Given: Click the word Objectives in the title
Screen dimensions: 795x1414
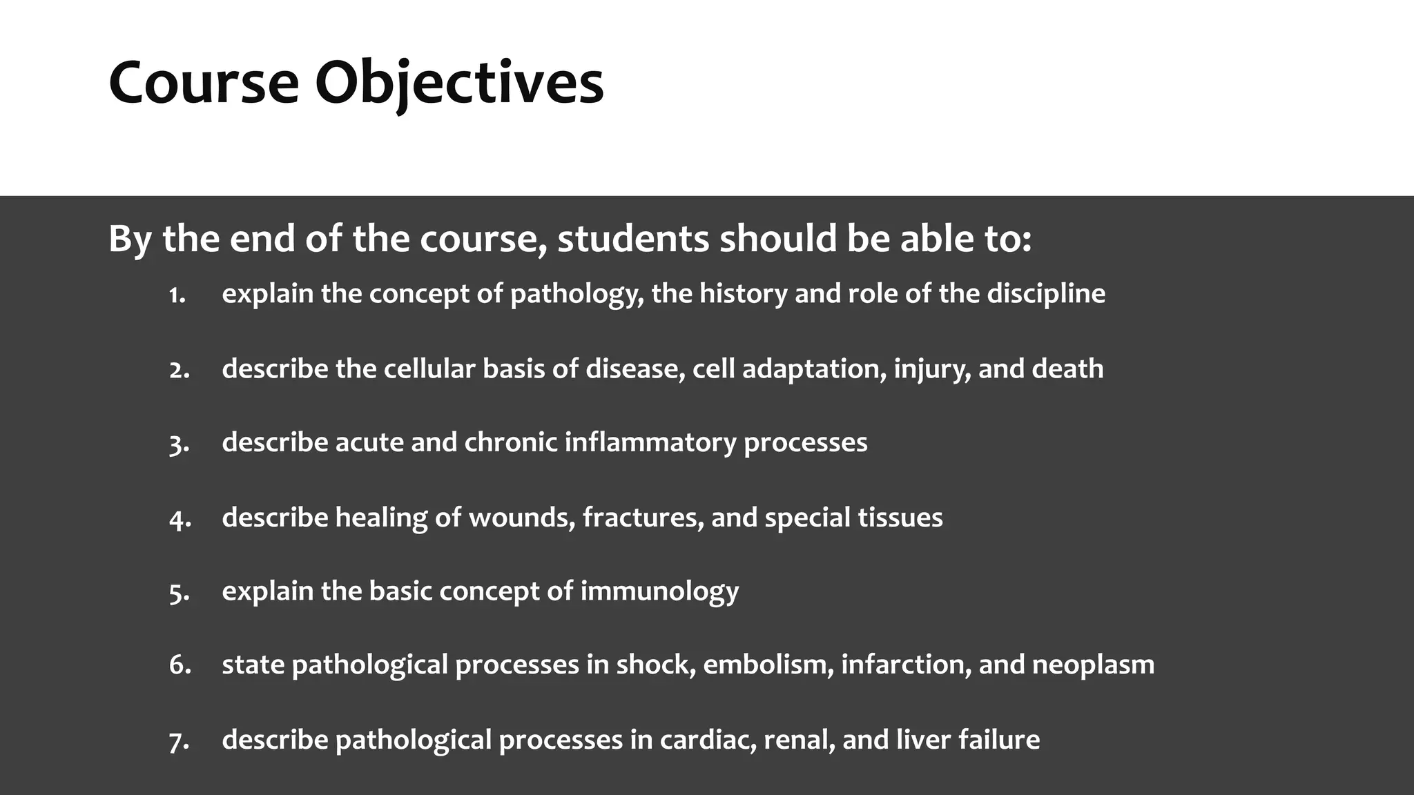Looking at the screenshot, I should (459, 84).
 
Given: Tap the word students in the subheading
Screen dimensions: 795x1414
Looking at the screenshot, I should (633, 239).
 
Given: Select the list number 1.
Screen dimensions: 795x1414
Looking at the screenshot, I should (177, 295).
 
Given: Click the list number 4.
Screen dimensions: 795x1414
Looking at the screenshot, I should (180, 519).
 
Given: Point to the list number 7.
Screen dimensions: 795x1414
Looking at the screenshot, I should (180, 741).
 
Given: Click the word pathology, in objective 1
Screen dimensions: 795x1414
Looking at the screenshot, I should (577, 295).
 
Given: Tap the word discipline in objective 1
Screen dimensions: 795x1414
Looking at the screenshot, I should (1045, 295).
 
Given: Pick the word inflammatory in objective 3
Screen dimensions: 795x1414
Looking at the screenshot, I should (650, 443).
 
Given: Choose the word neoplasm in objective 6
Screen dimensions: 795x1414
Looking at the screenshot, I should (1093, 665).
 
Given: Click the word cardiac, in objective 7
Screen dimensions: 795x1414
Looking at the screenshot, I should (708, 740).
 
